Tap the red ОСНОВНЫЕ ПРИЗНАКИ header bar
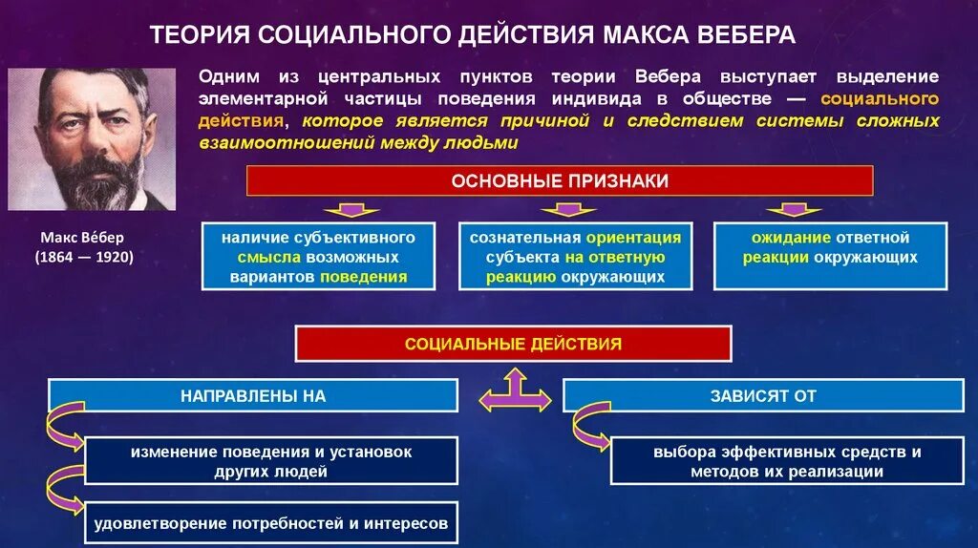point(560,180)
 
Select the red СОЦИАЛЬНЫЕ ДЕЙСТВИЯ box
point(513,344)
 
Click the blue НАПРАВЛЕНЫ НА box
point(253,395)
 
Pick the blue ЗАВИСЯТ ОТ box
point(763,395)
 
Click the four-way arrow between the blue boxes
point(515,391)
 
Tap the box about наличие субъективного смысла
point(318,257)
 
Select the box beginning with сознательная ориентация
point(575,257)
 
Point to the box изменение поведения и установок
point(271,461)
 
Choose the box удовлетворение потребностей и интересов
point(271,523)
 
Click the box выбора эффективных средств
point(788,461)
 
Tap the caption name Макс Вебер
point(83,237)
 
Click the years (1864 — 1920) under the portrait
point(84,257)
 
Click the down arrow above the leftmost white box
point(350,209)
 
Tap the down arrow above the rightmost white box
point(788,209)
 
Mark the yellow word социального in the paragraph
point(880,98)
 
